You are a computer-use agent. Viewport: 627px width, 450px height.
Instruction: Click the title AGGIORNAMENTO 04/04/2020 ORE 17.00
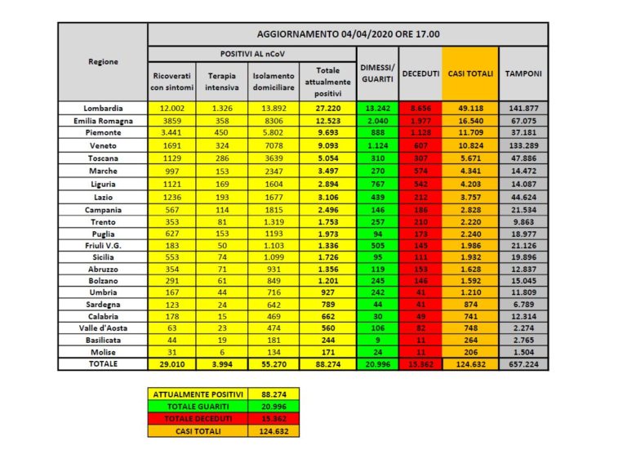[348, 34]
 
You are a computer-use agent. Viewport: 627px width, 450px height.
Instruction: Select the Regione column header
[103, 62]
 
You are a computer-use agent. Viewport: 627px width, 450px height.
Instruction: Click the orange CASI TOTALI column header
[472, 74]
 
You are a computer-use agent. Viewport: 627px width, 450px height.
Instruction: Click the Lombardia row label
[103, 108]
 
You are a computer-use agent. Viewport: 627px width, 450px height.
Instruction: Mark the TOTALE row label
[103, 364]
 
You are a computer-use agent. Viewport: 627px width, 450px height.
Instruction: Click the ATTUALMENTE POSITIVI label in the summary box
[189, 394]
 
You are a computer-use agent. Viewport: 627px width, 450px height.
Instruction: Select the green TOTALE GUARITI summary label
[189, 406]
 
